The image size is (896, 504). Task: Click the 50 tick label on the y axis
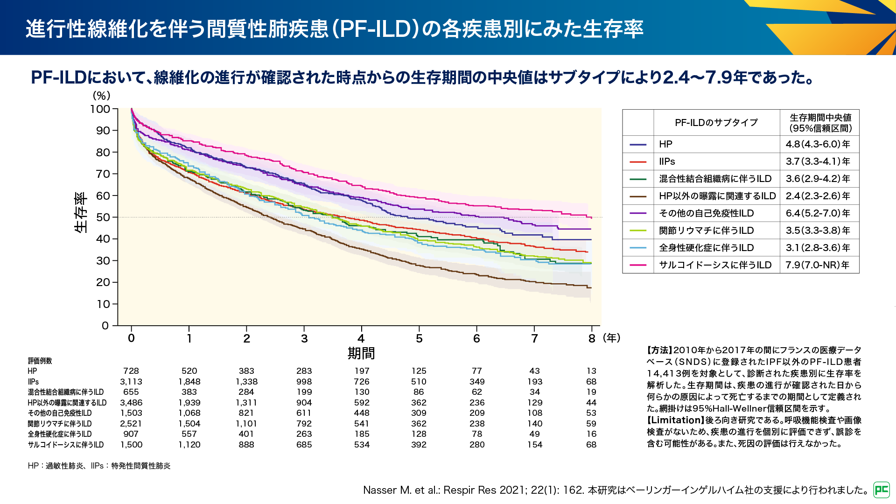pyautogui.click(x=103, y=217)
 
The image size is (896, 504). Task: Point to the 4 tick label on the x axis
pyautogui.click(x=361, y=338)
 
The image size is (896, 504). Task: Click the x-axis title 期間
pyautogui.click(x=361, y=353)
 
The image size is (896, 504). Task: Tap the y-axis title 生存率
pyautogui.click(x=81, y=212)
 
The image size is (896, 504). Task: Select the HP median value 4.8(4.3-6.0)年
pyautogui.click(x=818, y=144)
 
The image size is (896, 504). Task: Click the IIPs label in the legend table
pyautogui.click(x=667, y=161)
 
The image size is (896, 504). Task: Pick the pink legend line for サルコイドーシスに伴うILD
pyautogui.click(x=638, y=265)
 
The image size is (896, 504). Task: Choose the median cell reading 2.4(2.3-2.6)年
pyautogui.click(x=818, y=196)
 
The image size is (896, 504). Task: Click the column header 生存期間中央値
pyautogui.click(x=820, y=118)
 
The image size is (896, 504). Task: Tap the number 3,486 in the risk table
pyautogui.click(x=131, y=403)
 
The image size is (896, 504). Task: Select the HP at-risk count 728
pyautogui.click(x=131, y=371)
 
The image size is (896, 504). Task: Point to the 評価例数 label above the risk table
pyautogui.click(x=40, y=361)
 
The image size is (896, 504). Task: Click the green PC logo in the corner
pyautogui.click(x=882, y=490)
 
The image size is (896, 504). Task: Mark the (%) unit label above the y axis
pyautogui.click(x=102, y=96)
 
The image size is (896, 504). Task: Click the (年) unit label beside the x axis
pyautogui.click(x=612, y=338)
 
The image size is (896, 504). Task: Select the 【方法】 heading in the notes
pyautogui.click(x=659, y=350)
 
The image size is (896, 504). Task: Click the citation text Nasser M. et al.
pyautogui.click(x=401, y=490)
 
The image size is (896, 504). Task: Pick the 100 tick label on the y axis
pyautogui.click(x=100, y=109)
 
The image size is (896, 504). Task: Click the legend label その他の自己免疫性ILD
pyautogui.click(x=706, y=213)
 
